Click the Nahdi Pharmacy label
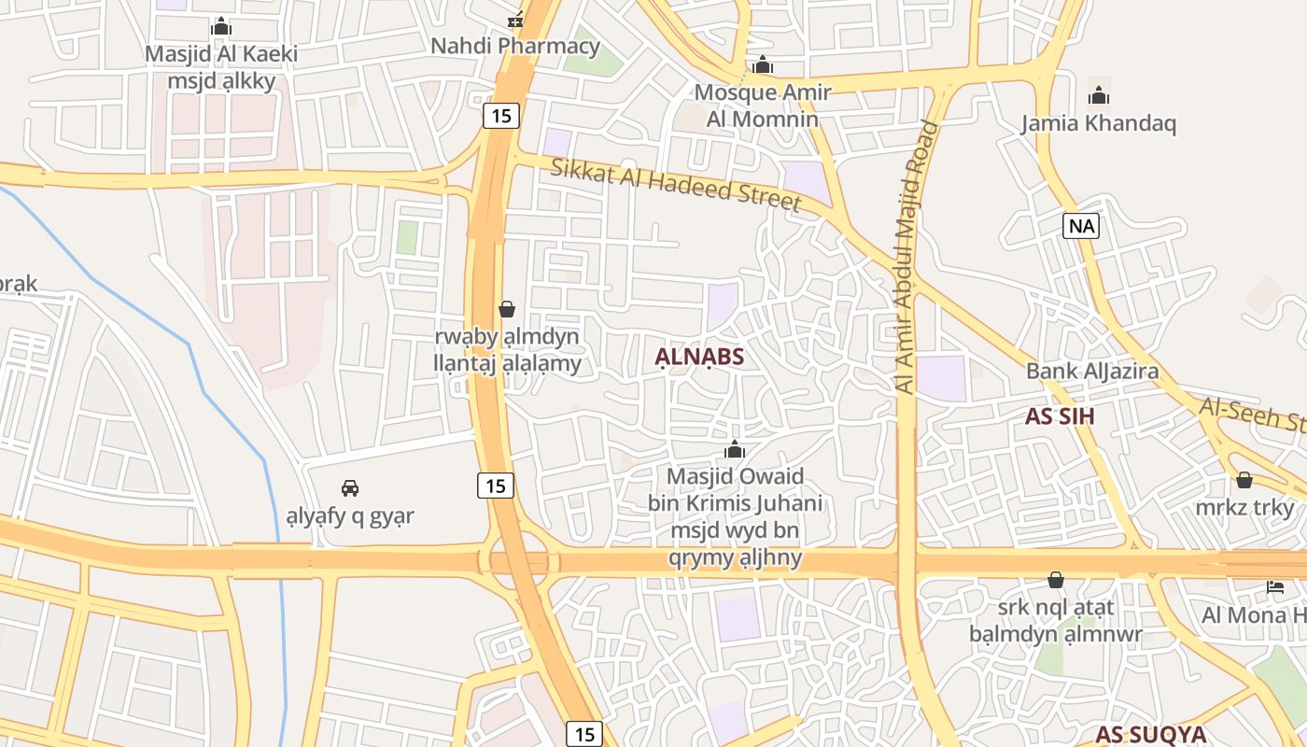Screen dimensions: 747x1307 pyautogui.click(x=515, y=45)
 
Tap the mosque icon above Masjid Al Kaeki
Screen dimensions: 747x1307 pyautogui.click(x=221, y=26)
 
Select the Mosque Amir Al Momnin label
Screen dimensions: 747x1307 pyautogui.click(x=762, y=105)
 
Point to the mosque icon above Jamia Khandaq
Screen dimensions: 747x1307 pyautogui.click(x=1099, y=95)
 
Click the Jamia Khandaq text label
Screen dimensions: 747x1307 pyautogui.click(x=1098, y=123)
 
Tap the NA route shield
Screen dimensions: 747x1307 pyautogui.click(x=1082, y=225)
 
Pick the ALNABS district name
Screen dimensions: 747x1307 pyautogui.click(x=699, y=357)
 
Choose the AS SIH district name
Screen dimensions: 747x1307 pyautogui.click(x=1060, y=416)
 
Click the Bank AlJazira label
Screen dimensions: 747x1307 pyautogui.click(x=1092, y=371)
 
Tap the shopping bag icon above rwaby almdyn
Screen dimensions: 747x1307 pyautogui.click(x=507, y=308)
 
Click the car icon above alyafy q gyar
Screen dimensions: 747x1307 pyautogui.click(x=350, y=487)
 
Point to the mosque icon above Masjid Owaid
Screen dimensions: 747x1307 pyautogui.click(x=735, y=450)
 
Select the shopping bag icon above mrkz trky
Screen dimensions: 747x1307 pyautogui.click(x=1244, y=480)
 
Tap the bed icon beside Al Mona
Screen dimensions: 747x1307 pyautogui.click(x=1274, y=586)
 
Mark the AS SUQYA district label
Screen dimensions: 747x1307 pyautogui.click(x=1151, y=734)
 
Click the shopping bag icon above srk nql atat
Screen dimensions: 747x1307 pyautogui.click(x=1056, y=580)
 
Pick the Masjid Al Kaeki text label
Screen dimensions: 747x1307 pyautogui.click(x=221, y=54)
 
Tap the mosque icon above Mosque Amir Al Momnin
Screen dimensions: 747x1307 pyautogui.click(x=763, y=65)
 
